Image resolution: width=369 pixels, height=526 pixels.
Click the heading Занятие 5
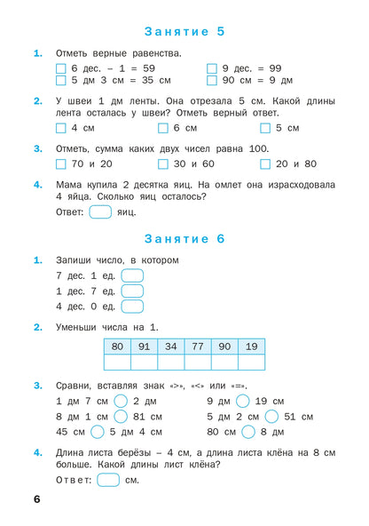pos(184,31)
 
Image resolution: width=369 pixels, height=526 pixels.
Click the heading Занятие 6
pos(184,239)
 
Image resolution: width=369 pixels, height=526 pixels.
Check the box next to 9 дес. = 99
pos(212,68)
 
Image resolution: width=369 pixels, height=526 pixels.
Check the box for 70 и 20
pos(60,164)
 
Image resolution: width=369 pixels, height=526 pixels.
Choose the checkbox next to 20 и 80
pos(265,164)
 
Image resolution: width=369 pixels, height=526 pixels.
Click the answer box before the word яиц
pos(100,211)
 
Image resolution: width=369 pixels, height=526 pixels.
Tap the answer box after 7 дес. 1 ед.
pos(132,276)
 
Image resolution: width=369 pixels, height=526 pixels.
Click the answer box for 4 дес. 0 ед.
pos(132,307)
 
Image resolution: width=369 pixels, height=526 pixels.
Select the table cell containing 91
pos(144,347)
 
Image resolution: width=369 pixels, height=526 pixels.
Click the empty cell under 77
pos(197,362)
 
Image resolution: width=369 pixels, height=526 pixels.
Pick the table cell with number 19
pos(251,347)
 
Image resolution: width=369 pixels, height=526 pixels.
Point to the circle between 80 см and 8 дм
pos(248,432)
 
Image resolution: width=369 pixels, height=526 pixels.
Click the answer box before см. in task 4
pos(107,481)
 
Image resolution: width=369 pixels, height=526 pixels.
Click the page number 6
pos(36,500)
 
